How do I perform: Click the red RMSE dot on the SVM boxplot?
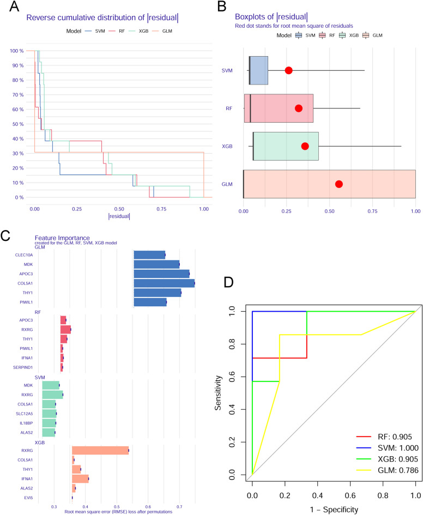click(289, 70)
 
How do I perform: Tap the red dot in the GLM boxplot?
click(339, 184)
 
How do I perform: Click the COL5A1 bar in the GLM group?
click(164, 283)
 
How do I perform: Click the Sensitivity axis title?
click(219, 393)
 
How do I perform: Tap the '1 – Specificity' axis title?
click(334, 510)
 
